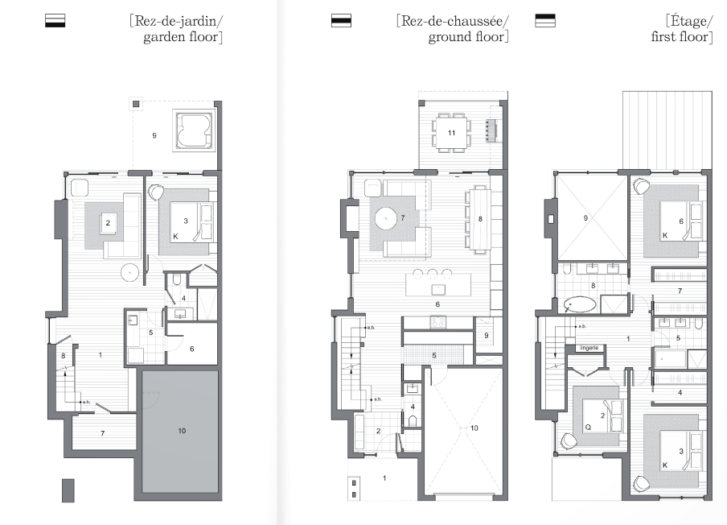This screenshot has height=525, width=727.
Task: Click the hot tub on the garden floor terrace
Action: pos(193,130)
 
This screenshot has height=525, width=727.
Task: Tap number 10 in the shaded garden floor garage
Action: pos(182,432)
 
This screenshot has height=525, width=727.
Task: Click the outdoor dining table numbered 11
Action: pos(452,132)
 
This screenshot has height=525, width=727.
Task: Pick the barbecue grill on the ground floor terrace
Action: pos(491,129)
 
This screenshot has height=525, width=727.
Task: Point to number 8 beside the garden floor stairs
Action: pos(63,355)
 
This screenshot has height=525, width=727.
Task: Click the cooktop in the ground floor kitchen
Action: pos(439,322)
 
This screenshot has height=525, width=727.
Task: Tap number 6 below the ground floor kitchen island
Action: pos(437,304)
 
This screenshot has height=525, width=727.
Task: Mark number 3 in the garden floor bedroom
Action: pos(186,220)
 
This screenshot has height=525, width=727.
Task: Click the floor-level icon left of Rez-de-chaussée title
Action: pos(342,21)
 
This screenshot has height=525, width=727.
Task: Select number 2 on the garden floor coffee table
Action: pos(107,222)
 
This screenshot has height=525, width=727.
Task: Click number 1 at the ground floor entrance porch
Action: pos(384,479)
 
